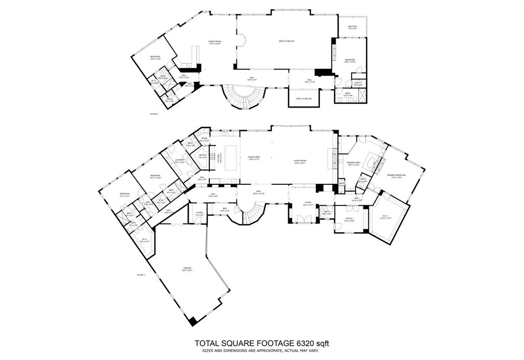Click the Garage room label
coord(187,269)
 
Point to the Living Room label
coord(299,162)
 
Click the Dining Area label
coord(254,159)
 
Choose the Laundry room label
coord(179,161)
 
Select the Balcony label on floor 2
coord(353,28)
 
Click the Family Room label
coord(214,43)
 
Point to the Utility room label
coord(357,83)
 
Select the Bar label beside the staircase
coord(225,210)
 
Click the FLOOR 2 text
coord(154,114)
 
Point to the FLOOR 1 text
coord(141,275)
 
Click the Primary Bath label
coord(354,164)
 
